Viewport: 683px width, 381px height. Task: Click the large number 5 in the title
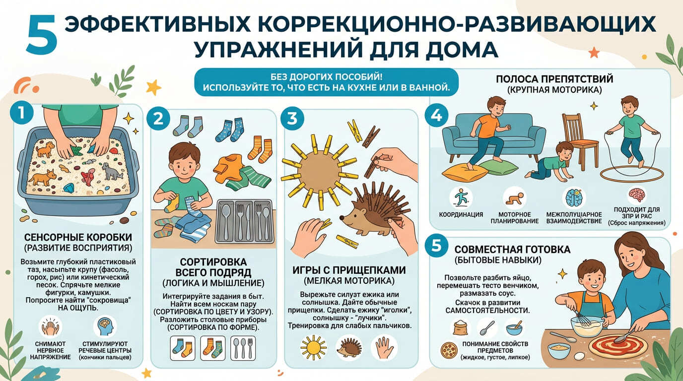click(42, 35)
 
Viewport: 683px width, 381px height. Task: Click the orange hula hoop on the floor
click(631, 176)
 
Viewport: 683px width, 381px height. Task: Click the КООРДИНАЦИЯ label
click(461, 214)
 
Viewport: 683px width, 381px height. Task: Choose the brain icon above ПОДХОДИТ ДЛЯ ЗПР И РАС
click(637, 194)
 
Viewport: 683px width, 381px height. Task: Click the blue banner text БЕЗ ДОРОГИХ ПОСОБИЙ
click(326, 77)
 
